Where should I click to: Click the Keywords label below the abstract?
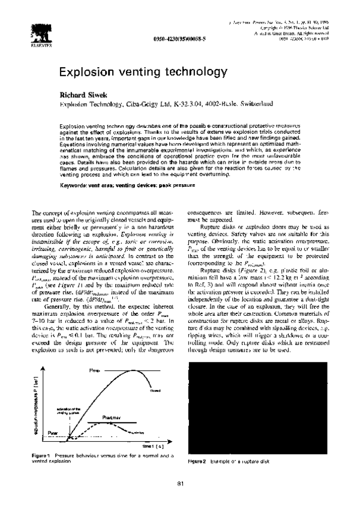[x=74, y=187]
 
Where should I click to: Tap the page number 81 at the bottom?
[x=180, y=483]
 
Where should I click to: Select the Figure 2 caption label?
[x=197, y=461]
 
